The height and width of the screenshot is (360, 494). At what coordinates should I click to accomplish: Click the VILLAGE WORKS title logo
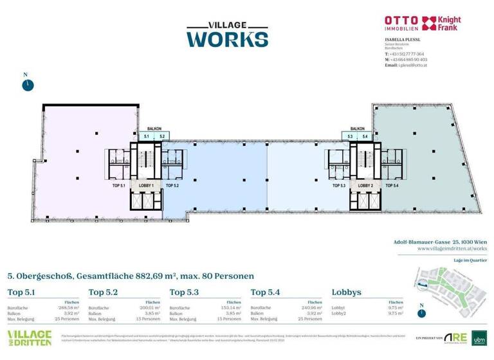tap(227, 33)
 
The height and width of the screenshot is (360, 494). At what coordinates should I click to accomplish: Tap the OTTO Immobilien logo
tap(401, 24)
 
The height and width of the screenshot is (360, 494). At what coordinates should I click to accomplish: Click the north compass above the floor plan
tap(26, 85)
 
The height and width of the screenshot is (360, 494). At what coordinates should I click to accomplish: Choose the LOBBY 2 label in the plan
tap(365, 185)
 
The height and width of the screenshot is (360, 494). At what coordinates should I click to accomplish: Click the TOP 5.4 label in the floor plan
tap(392, 185)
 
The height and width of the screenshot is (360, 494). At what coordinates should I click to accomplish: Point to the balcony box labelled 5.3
tap(350, 137)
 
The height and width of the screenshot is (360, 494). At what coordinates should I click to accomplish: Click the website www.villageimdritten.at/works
tap(452, 248)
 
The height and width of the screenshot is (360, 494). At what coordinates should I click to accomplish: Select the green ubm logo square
tap(479, 337)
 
